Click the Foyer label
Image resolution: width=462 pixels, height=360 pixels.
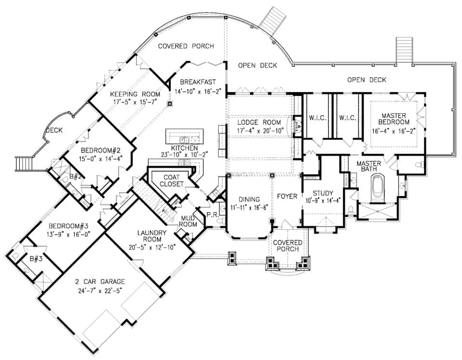coord(287,196)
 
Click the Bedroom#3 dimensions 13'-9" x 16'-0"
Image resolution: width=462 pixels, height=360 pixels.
coord(68,233)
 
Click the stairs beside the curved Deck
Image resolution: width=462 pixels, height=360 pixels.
coord(23,164)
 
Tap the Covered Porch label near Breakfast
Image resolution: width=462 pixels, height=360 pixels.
coord(186,46)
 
